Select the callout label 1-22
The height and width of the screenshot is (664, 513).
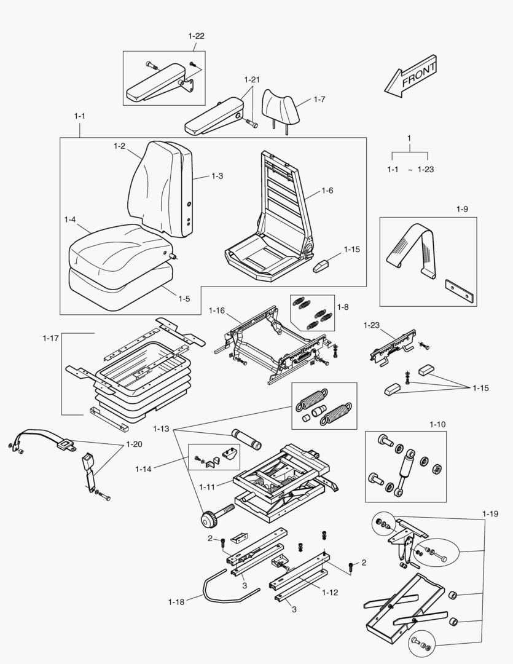[x=196, y=36]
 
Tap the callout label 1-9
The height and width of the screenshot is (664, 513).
[x=462, y=209]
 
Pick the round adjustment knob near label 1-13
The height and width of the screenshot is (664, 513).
[x=209, y=520]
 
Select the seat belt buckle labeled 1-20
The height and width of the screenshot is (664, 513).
[x=90, y=462]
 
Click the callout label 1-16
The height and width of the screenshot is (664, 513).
[x=217, y=310]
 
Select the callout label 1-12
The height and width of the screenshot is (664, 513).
[x=329, y=593]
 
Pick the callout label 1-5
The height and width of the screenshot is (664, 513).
[x=184, y=299]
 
